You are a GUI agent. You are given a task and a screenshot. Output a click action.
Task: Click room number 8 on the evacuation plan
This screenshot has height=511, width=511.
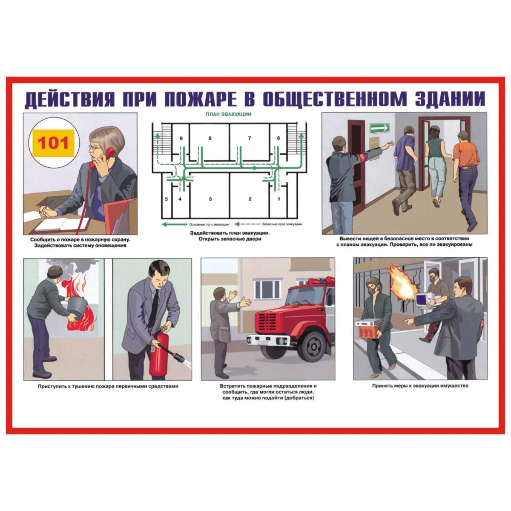click(x=210, y=138)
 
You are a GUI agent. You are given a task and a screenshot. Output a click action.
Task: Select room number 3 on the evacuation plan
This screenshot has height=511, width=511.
click(x=210, y=199)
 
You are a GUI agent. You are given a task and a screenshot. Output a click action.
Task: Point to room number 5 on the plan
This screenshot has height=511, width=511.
click(x=166, y=199)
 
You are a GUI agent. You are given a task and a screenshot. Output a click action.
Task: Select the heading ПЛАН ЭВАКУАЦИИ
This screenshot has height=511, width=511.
click(x=229, y=115)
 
